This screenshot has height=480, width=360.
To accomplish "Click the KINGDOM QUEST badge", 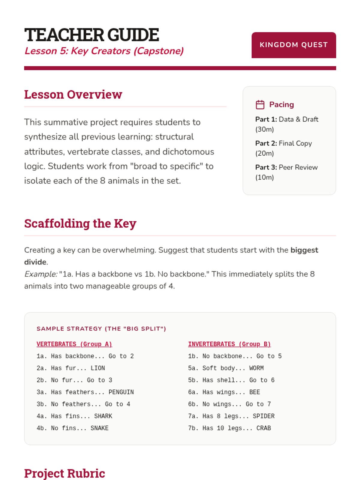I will pos(293,45).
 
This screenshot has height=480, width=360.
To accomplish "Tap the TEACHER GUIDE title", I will pos(91,35).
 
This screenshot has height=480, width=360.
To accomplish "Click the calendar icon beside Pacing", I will pos(260,105).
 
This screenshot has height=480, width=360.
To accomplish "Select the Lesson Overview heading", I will pos(73,94).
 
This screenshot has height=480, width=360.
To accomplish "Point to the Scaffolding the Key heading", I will pos(80,223).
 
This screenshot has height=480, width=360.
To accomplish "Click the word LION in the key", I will pos(98,368).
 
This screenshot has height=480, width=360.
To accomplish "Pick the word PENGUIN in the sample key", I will pos(121,392).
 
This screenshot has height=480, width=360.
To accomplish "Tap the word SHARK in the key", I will pos(103,416).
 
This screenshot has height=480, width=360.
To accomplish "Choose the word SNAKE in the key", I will pos(100,428).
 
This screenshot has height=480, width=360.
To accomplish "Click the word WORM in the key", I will pos(256,368).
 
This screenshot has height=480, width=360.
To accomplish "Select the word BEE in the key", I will pos(255,392).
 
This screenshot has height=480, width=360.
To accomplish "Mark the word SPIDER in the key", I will pos(264,416).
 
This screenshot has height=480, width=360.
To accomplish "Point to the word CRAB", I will pos(264,428).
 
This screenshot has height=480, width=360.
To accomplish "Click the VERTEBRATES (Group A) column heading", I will pos(74,344).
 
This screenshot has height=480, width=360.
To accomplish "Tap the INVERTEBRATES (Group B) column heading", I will pos(229,344).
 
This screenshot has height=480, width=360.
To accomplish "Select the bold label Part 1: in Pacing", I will pos(266,119).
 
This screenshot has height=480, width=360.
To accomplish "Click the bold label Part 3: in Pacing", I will pos(266,167).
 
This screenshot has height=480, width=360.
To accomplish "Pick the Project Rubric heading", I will pos(64,473).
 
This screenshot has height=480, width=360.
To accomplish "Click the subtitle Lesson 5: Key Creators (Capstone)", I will pos(104,51).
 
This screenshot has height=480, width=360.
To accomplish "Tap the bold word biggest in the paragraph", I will pos(304,250).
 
